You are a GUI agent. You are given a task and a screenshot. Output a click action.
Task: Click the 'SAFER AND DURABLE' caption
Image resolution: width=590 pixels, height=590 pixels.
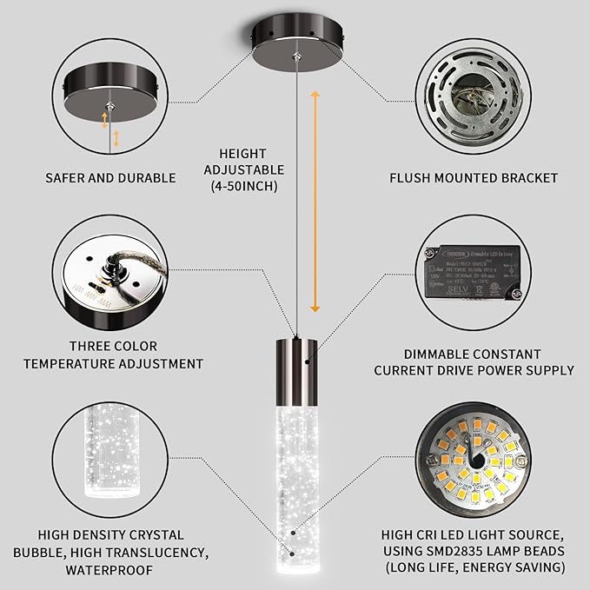110,178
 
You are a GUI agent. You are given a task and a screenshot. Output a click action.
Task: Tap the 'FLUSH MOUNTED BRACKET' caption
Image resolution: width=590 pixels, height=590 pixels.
474,178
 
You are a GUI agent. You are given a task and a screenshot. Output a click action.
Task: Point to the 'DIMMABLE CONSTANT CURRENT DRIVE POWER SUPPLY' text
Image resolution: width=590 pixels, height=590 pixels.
474,362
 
